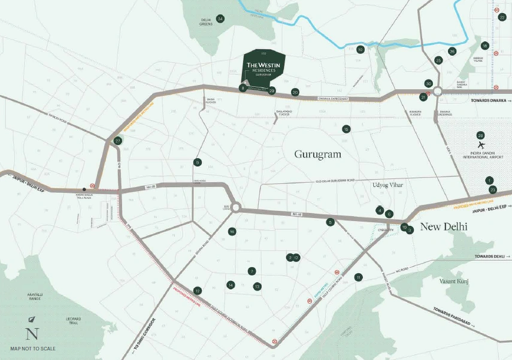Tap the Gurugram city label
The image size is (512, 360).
pyautogui.click(x=317, y=154)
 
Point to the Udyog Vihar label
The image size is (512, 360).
pyautogui.click(x=387, y=185)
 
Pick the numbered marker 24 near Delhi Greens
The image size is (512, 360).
pyautogui.click(x=220, y=19)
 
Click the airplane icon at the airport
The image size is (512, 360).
pyautogui.click(x=480, y=145)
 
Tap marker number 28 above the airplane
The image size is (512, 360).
pyautogui.click(x=480, y=135)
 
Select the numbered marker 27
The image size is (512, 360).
pyautogui.click(x=118, y=141)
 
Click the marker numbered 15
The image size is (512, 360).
pyautogui.click(x=346, y=129)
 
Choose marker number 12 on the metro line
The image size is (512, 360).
pyautogui.click(x=198, y=291)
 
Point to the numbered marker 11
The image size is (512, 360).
pyautogui.click(x=358, y=277)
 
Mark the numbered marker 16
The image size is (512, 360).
pyautogui.click(x=232, y=231)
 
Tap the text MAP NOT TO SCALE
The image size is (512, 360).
pyautogui.click(x=32, y=348)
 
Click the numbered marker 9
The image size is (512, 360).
pyautogui.click(x=197, y=162)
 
